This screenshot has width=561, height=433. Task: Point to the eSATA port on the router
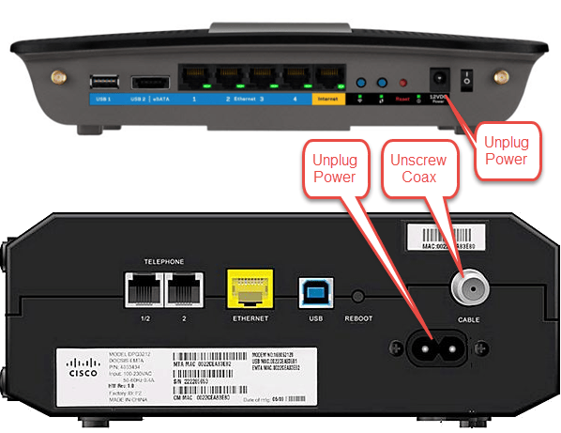tap(150, 82)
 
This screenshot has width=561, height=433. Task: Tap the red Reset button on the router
tap(403, 83)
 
